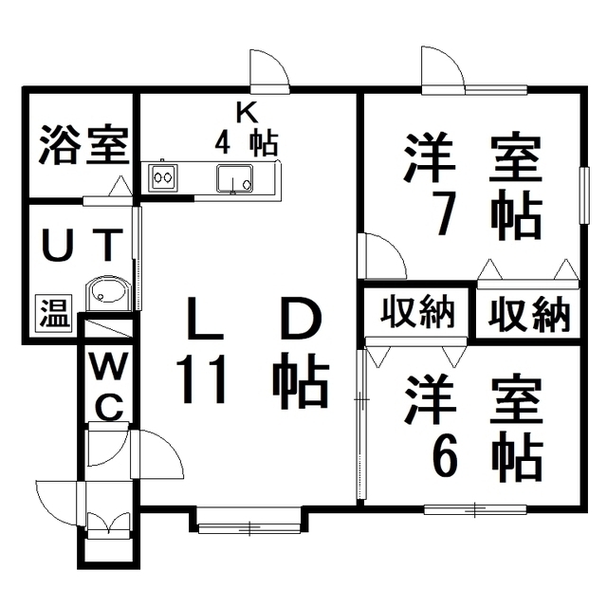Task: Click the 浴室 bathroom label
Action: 83,144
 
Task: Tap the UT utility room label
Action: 83,245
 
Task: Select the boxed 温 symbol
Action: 55,313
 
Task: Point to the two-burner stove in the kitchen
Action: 163,177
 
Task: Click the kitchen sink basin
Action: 234,178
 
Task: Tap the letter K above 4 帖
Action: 247,114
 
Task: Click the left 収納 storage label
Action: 417,311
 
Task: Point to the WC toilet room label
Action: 108,386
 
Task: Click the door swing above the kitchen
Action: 269,71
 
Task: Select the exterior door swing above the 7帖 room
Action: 443,69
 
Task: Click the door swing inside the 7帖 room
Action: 381,256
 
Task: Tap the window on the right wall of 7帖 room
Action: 584,194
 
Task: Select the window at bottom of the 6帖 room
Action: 475,509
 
